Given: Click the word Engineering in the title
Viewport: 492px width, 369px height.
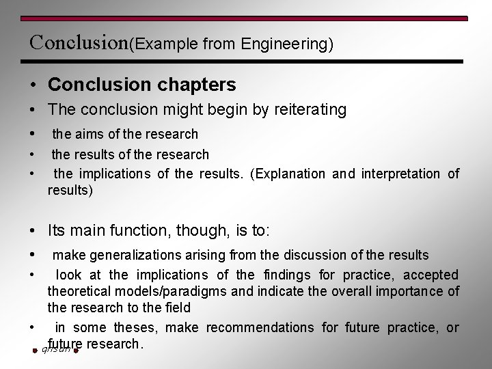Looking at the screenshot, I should pyautogui.click(x=286, y=44).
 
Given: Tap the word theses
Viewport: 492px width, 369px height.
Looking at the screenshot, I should pyautogui.click(x=135, y=328).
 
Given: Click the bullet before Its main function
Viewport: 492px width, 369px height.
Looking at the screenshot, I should pyautogui.click(x=33, y=231).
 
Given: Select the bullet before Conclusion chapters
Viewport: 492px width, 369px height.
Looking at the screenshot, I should pyautogui.click(x=33, y=85).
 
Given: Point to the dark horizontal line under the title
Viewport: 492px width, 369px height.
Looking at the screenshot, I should pyautogui.click(x=246, y=61).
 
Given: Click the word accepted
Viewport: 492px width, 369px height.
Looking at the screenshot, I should pyautogui.click(x=430, y=275).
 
